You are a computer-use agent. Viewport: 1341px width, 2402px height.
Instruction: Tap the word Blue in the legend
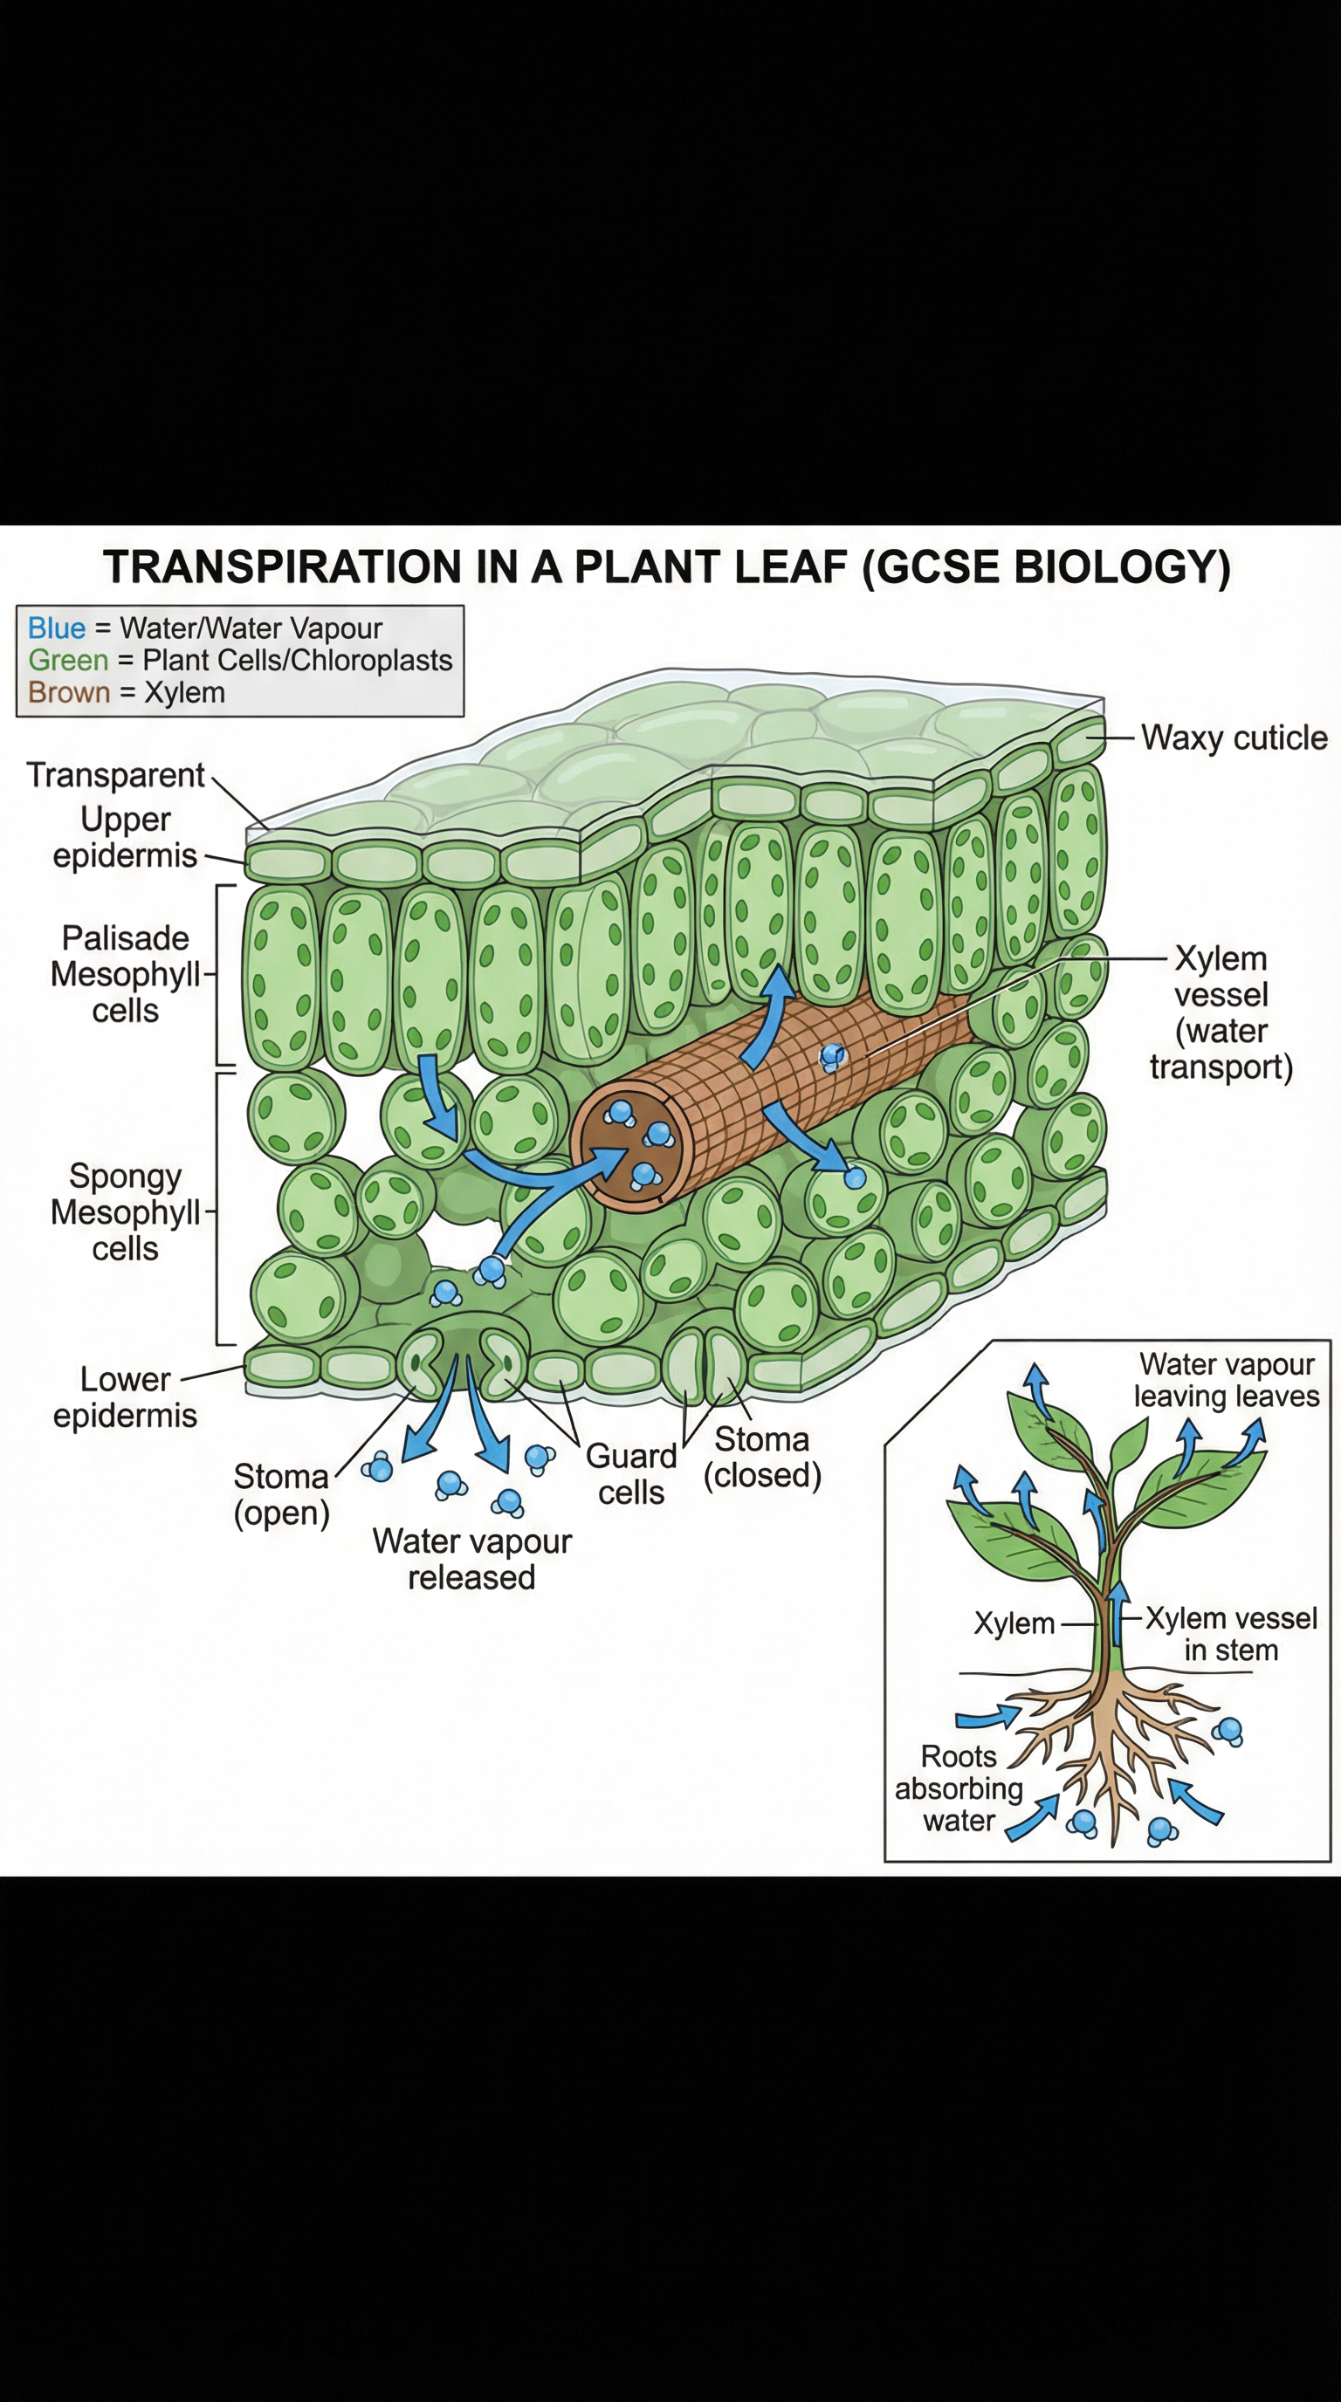(x=56, y=628)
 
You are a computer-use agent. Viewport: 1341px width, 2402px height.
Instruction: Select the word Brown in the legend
(x=68, y=693)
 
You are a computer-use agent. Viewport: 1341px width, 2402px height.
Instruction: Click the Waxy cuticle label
(x=1233, y=738)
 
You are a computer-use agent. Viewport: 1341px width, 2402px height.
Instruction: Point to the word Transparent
(x=114, y=775)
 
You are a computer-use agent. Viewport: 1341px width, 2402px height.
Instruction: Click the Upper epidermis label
(x=125, y=837)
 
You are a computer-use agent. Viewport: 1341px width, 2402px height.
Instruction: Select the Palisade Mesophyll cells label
(x=125, y=974)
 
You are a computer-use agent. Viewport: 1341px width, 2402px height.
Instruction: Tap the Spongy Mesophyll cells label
(x=125, y=1212)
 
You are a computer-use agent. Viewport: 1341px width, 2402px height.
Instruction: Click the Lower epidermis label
(x=125, y=1397)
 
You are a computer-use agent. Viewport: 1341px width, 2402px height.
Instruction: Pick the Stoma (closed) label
(x=762, y=1458)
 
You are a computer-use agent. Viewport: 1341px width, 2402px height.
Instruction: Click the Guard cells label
(x=630, y=1474)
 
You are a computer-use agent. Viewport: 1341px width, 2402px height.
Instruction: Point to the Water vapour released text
(x=471, y=1559)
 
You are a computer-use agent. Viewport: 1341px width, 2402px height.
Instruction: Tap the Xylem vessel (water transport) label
(x=1221, y=1012)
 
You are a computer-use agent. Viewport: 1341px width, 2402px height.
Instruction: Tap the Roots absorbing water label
(x=959, y=1788)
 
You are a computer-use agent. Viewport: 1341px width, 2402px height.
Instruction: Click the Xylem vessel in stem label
(x=1230, y=1634)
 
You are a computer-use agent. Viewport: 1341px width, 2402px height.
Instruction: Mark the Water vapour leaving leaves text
(x=1226, y=1380)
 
